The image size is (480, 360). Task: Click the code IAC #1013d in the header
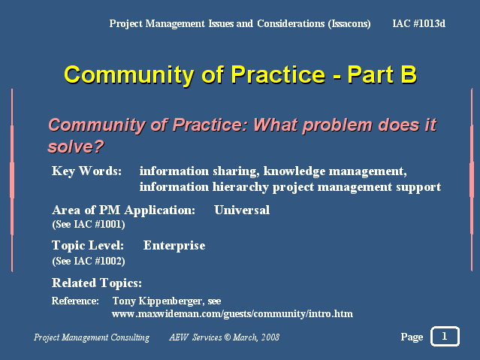coord(418,23)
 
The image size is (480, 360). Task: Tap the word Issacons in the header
coord(349,24)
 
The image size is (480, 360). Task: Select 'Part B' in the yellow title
coord(382,74)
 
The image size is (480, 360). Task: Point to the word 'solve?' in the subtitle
coord(76,147)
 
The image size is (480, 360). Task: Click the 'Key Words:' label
coord(86,171)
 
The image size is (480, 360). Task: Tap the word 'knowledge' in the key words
coord(294,171)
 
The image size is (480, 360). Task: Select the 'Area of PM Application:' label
coord(124,210)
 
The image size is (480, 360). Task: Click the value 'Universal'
coord(242,210)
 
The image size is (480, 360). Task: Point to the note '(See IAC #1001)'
coord(89,225)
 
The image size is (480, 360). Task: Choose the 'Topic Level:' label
coord(88,246)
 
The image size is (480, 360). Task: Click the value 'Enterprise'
coord(174,246)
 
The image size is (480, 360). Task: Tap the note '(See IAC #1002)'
coord(89,261)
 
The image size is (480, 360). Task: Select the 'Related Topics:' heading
coord(97,283)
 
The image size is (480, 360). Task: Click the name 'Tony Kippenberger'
coord(158,301)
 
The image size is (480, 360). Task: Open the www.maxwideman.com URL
coord(232,314)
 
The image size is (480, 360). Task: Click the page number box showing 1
coord(445,337)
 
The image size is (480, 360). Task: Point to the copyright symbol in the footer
coord(227,337)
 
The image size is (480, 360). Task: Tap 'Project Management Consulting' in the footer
coord(92,337)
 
